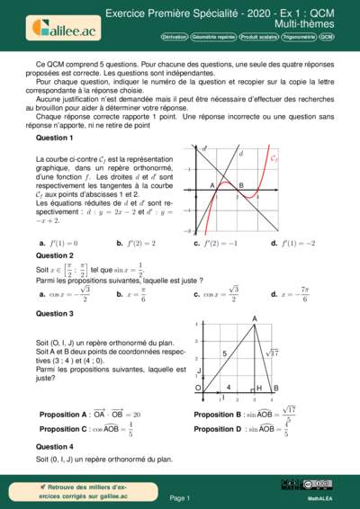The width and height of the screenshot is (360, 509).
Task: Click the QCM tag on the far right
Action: pyautogui.click(x=326, y=38)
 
